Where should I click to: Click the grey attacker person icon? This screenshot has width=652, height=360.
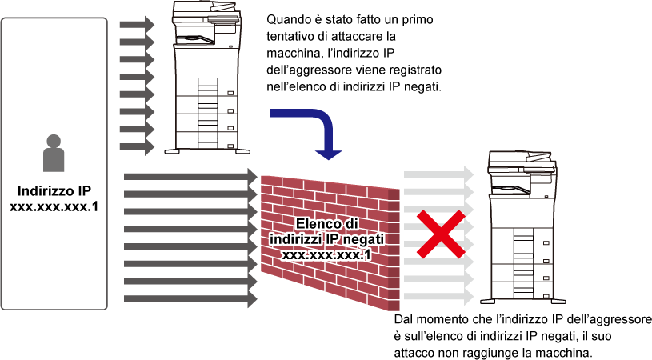pos(54,153)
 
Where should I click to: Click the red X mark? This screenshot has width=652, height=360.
pos(441,234)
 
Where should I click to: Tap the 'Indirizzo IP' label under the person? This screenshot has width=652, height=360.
pos(54,190)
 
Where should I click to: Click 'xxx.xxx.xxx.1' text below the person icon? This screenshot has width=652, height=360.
pos(54,206)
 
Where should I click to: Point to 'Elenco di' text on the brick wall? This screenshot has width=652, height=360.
pos(327,224)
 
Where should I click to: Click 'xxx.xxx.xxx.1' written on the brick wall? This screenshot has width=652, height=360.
pos(326,254)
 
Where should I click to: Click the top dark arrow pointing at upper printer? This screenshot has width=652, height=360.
pos(138,25)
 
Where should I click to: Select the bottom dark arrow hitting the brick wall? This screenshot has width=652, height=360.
pos(190,299)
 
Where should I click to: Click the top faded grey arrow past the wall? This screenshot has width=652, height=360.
pos(438,174)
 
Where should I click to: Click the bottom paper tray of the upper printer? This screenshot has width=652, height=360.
pos(206,139)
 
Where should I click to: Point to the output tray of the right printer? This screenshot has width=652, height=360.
pos(510,189)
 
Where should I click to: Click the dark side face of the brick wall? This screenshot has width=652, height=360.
pos(394,250)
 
